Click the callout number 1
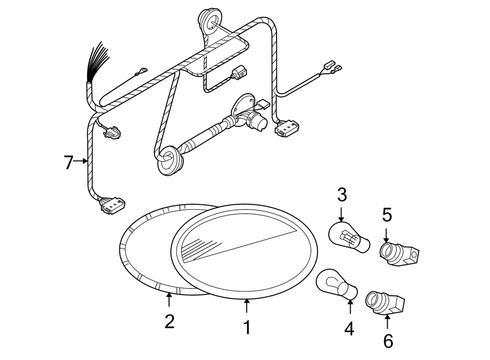coord(247,327)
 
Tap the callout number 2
coord(169,321)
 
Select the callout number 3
coord(341,194)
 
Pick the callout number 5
coord(387,215)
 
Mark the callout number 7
coord(68,162)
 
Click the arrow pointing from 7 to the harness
coord(81,161)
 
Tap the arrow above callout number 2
coord(169,300)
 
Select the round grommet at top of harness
coord(208,20)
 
